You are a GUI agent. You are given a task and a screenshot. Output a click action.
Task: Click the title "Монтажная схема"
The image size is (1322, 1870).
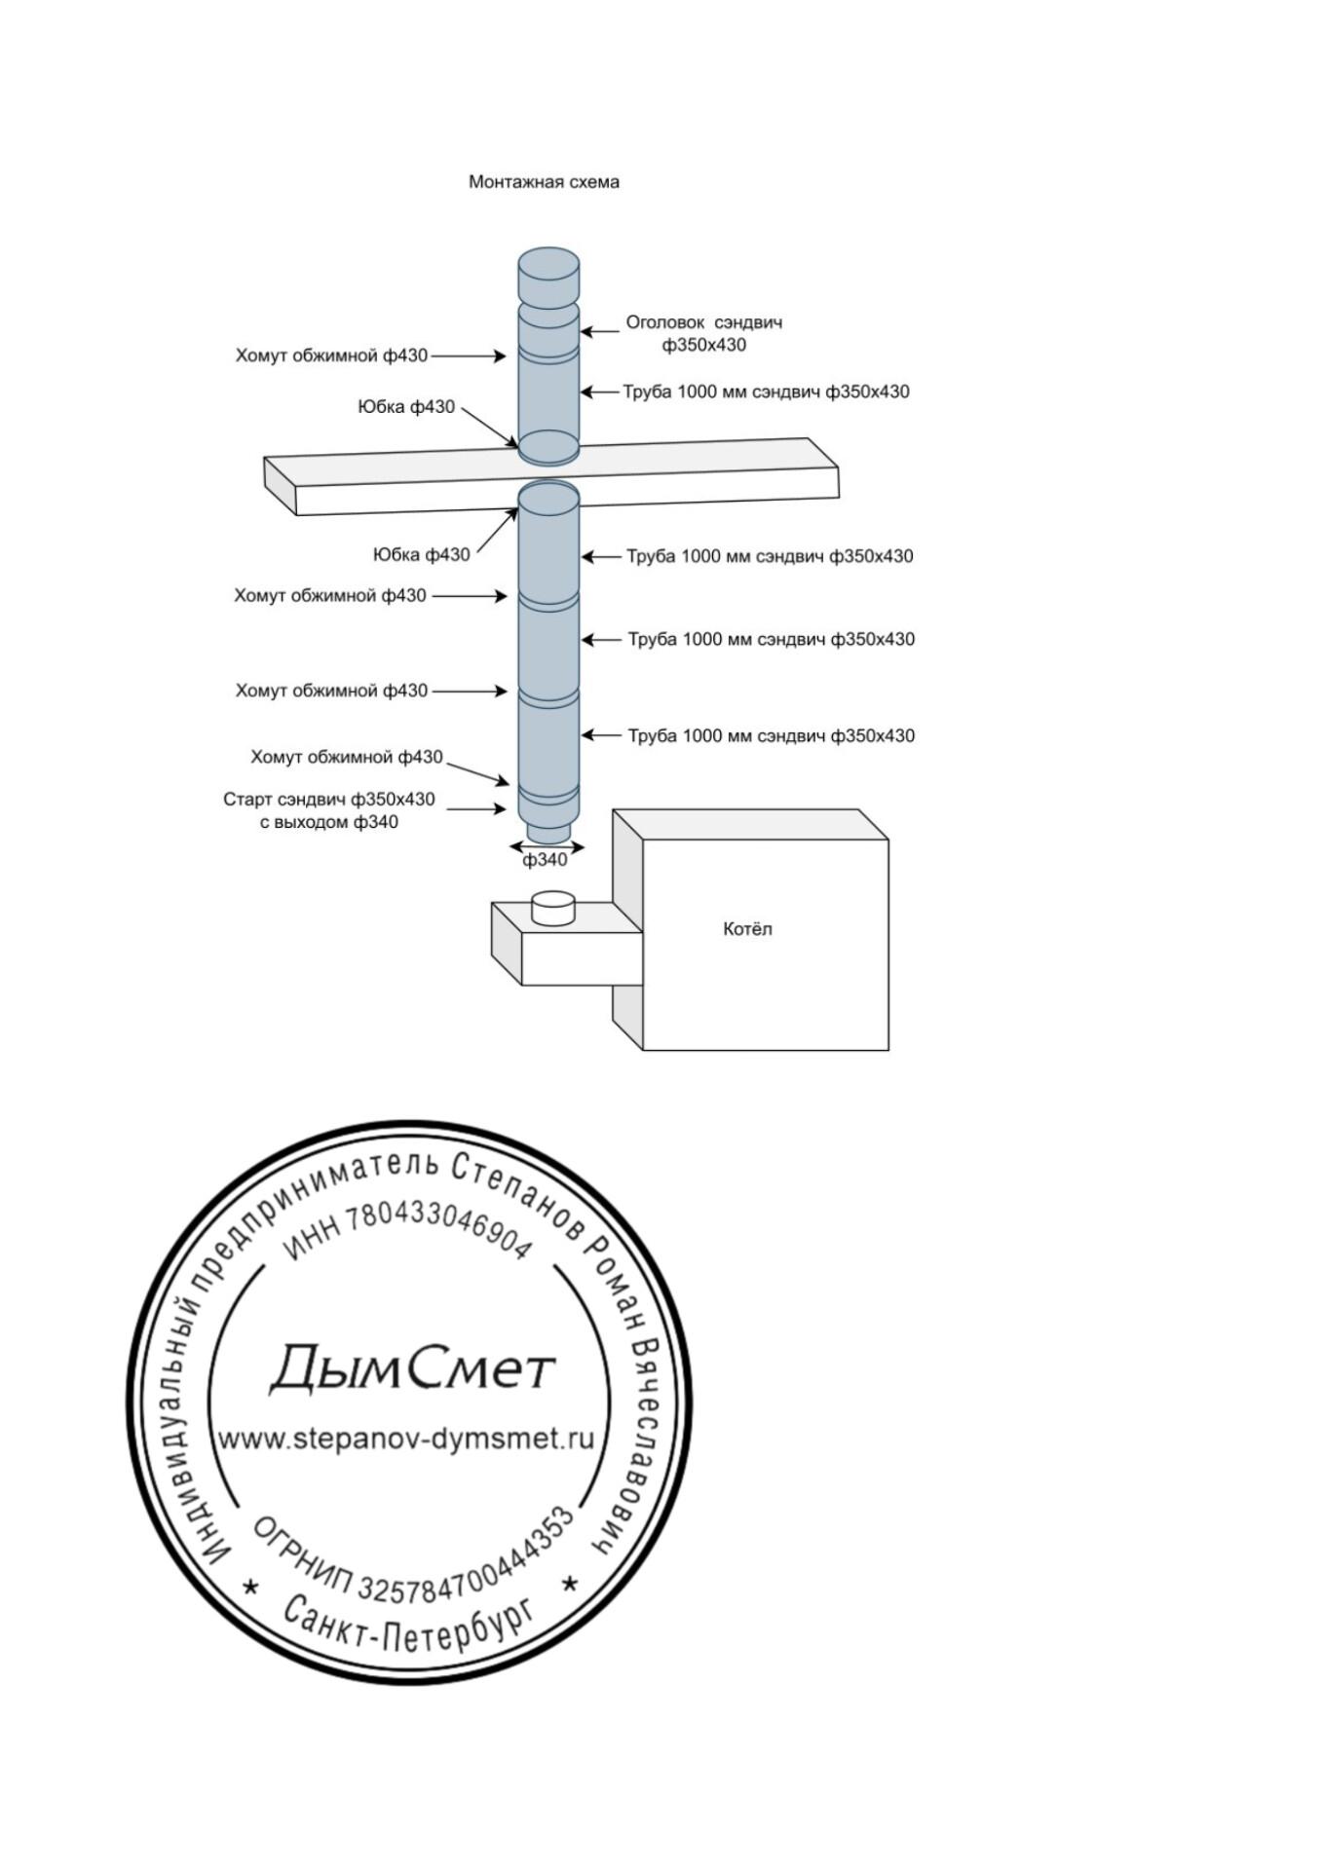click(544, 182)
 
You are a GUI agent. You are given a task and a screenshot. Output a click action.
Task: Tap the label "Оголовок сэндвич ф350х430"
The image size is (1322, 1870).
click(703, 333)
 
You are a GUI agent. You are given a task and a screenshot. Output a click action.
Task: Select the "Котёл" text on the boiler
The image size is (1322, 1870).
click(747, 929)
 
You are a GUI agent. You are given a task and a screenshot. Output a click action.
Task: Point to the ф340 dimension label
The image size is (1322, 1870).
click(545, 860)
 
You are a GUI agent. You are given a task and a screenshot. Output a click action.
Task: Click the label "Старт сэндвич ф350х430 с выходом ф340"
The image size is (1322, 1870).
click(329, 810)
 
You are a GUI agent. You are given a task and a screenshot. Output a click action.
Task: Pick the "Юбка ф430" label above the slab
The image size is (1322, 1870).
click(406, 407)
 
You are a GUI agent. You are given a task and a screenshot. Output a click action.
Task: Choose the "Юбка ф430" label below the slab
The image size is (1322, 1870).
click(421, 555)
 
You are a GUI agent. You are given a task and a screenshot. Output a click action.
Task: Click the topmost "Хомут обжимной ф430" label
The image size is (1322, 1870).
click(331, 355)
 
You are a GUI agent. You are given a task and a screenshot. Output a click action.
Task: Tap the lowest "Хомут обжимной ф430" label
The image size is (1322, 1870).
click(347, 757)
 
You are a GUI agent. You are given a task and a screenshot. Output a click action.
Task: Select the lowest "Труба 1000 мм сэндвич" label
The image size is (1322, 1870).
click(771, 736)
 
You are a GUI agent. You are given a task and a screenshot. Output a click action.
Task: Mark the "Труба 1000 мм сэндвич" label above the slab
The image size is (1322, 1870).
click(766, 392)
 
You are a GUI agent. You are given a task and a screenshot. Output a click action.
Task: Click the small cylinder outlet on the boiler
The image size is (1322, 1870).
click(554, 909)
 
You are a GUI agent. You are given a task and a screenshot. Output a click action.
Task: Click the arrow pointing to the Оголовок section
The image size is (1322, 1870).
click(600, 332)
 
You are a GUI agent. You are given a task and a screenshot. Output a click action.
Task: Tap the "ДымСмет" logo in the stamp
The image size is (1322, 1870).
click(411, 1369)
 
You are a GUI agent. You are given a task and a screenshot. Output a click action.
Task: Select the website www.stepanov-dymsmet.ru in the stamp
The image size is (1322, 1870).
click(405, 1439)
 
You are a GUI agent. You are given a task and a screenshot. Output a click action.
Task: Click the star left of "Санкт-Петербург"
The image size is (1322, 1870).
click(251, 1587)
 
